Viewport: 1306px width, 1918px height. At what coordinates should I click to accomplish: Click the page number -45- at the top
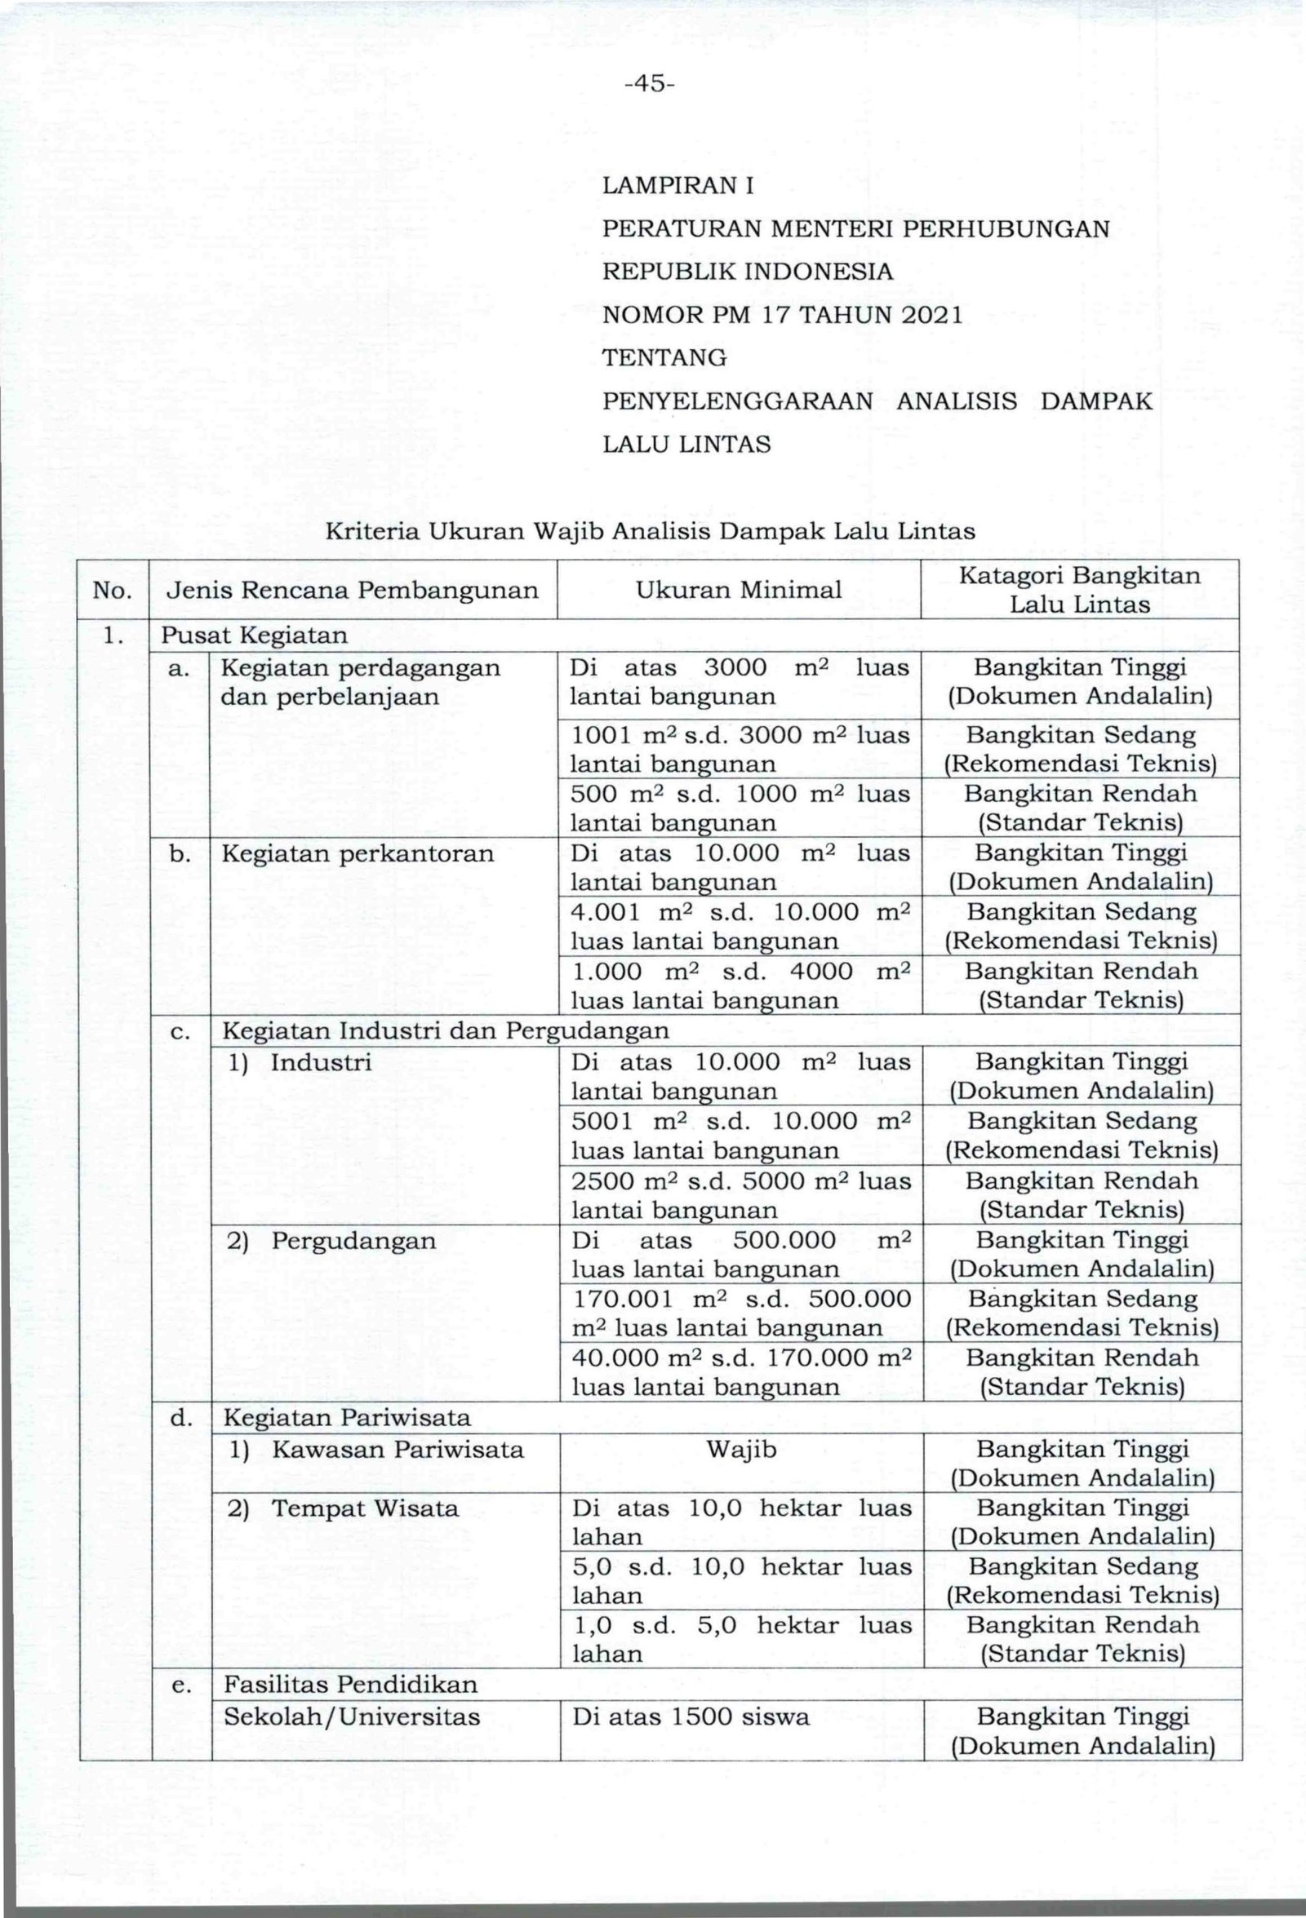(x=650, y=84)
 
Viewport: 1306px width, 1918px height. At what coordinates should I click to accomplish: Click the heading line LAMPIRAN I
(x=677, y=186)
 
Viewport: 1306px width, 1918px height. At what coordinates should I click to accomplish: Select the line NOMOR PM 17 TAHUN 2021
(x=783, y=315)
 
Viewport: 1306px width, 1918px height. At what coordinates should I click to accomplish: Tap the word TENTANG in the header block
(x=664, y=358)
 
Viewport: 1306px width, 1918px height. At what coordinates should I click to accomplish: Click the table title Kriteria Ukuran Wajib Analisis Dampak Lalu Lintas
(x=651, y=530)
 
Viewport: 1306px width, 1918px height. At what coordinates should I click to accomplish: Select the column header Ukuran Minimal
(x=738, y=589)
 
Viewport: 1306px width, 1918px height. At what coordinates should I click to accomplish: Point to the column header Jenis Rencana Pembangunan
(x=353, y=589)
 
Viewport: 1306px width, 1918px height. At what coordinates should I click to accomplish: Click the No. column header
(x=113, y=589)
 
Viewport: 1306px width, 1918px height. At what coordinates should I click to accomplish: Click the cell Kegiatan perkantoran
(x=358, y=853)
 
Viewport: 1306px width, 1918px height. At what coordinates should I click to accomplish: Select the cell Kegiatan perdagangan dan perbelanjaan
(x=360, y=683)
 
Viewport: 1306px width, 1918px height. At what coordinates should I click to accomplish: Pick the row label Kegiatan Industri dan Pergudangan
(x=446, y=1031)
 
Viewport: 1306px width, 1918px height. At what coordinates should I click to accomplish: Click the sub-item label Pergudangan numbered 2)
(x=353, y=1240)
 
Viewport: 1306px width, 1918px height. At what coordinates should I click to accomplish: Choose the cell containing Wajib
(x=741, y=1449)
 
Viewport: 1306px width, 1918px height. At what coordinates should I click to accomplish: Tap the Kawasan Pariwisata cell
(x=397, y=1449)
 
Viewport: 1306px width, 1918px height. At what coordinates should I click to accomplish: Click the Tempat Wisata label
(x=364, y=1508)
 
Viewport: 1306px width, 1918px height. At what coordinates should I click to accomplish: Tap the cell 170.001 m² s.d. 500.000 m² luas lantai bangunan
(x=740, y=1313)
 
